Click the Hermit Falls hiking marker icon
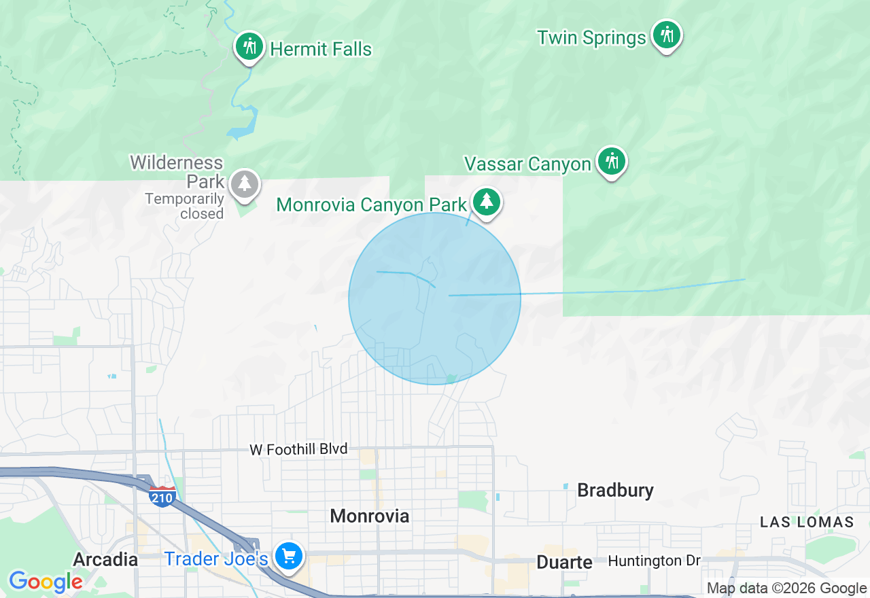[x=250, y=47]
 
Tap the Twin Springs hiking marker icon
[x=666, y=34]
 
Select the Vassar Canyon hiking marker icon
[x=612, y=162]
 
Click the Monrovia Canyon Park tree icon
[x=486, y=202]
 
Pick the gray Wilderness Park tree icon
[x=245, y=183]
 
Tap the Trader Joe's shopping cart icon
[x=289, y=557]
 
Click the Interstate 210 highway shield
[x=162, y=495]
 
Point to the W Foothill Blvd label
[x=298, y=449]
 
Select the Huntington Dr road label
[x=654, y=561]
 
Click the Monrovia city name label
[x=370, y=516]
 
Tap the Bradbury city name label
[x=615, y=490]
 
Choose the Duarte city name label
[x=564, y=562]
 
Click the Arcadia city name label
[x=105, y=559]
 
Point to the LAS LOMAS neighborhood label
[x=807, y=522]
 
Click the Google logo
[x=46, y=582]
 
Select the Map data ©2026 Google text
[x=786, y=588]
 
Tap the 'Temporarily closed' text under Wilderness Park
[x=184, y=207]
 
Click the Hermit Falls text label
[x=321, y=49]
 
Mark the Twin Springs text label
[x=591, y=37]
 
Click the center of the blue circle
[x=435, y=298]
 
